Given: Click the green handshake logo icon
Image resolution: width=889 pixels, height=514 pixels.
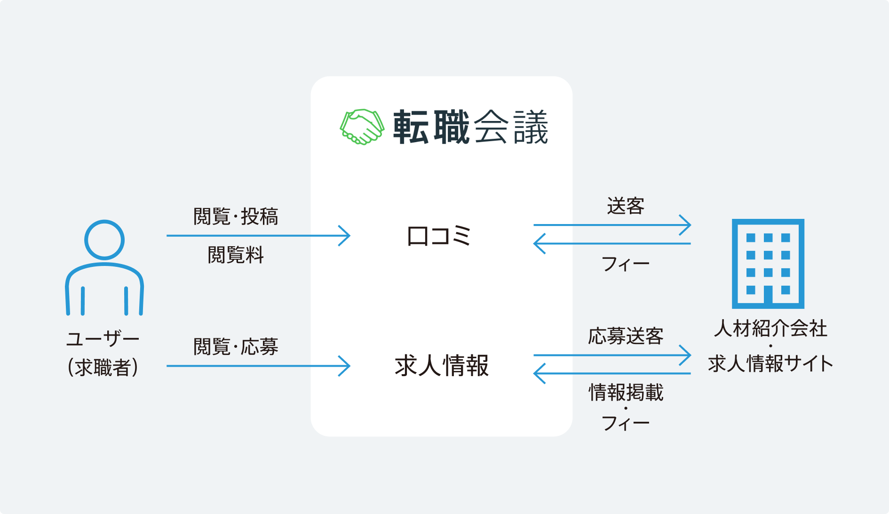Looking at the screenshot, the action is click(x=362, y=127).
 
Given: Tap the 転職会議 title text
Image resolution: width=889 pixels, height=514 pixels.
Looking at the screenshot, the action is click(x=471, y=127).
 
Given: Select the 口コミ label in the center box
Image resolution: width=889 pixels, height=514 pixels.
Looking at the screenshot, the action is click(x=438, y=236).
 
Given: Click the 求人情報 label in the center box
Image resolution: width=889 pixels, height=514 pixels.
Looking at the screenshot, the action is click(x=442, y=366).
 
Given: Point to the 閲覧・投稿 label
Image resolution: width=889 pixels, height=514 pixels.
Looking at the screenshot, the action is click(x=236, y=217).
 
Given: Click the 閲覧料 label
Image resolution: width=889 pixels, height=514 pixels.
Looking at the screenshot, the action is click(x=236, y=255).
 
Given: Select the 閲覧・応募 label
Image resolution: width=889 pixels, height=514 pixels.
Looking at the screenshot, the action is click(x=236, y=347).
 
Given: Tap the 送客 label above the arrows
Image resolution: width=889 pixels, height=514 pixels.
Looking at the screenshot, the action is click(x=626, y=206).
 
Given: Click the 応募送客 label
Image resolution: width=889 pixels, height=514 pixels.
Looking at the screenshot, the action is click(x=626, y=336).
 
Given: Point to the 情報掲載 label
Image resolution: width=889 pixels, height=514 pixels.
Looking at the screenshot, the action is click(x=626, y=392).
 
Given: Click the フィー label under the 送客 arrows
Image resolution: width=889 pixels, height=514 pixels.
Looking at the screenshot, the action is click(x=626, y=264).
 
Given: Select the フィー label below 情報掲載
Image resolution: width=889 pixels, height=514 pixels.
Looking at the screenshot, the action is click(x=626, y=423).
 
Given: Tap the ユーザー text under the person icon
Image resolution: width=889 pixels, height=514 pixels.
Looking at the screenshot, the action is click(x=103, y=338).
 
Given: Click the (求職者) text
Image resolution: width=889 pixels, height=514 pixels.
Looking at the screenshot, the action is click(x=103, y=367).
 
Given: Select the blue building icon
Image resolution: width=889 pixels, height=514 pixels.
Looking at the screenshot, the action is click(x=768, y=264).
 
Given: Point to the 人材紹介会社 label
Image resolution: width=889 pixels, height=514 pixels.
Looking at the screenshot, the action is click(x=770, y=329).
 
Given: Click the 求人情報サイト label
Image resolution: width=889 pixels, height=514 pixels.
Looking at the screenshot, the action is click(x=770, y=363).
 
